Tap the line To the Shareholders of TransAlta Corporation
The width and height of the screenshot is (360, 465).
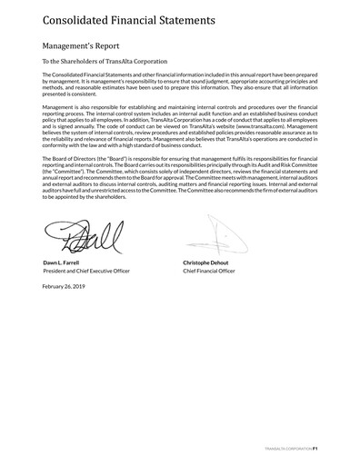coord(101,61)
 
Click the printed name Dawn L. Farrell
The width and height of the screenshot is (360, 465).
coord(61,262)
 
